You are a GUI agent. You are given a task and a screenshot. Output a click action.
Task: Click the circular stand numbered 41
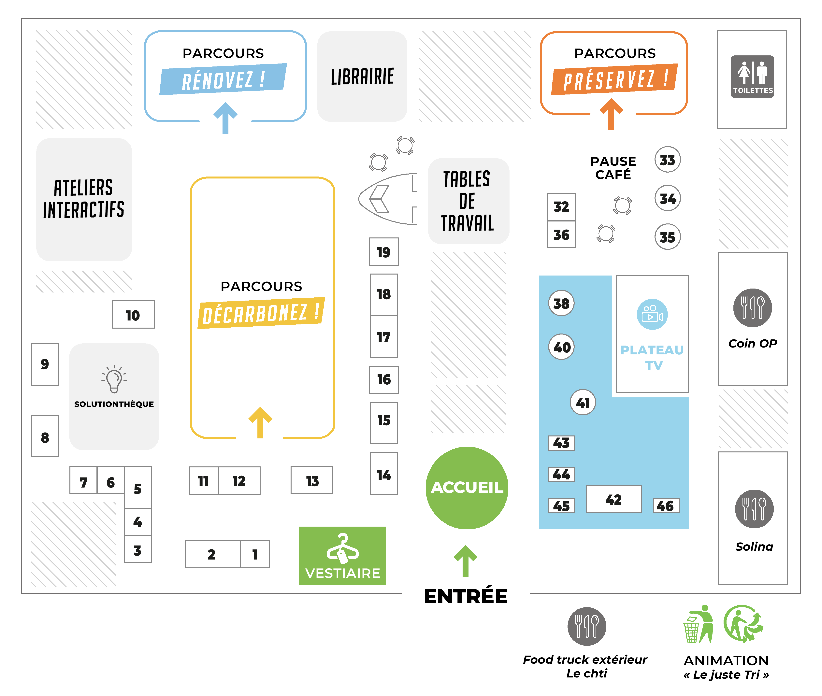583,403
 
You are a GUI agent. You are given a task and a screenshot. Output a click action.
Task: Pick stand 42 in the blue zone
613,500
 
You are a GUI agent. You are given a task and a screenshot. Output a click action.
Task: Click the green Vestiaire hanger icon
342,548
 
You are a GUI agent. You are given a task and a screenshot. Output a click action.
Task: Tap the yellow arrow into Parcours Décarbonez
260,422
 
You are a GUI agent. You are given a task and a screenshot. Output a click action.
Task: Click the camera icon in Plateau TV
652,314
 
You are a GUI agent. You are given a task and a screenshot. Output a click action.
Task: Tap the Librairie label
362,77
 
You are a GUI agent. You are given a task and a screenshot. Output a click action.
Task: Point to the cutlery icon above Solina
754,509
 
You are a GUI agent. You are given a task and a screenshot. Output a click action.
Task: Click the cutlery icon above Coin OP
753,308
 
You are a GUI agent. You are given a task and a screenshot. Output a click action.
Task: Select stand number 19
383,252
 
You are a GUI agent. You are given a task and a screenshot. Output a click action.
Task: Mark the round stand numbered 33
667,160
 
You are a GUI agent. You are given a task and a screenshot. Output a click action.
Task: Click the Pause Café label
613,168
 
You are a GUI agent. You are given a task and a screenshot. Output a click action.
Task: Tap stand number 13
312,481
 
